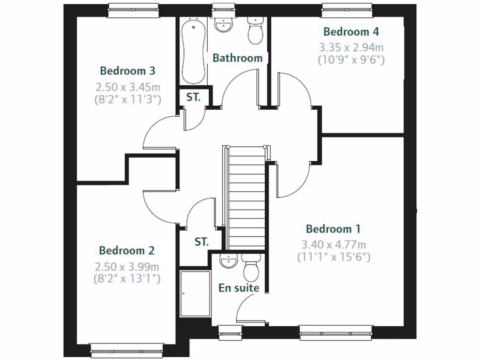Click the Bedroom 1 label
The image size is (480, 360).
point(333,229)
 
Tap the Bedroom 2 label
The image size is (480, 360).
point(127,251)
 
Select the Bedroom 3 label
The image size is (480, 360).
point(127,71)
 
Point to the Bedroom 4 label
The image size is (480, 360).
point(351,32)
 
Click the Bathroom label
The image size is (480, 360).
point(237,58)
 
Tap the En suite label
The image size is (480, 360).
point(239,288)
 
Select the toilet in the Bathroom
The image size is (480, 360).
point(255,30)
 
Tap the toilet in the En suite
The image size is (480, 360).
point(251,267)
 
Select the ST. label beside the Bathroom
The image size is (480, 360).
point(194,97)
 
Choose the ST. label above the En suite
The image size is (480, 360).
point(202,242)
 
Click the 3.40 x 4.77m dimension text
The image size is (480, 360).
point(333,244)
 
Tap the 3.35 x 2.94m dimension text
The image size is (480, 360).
point(351,47)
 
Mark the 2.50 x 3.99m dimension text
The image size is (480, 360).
point(127,267)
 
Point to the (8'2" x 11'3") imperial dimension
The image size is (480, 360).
point(127,99)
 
